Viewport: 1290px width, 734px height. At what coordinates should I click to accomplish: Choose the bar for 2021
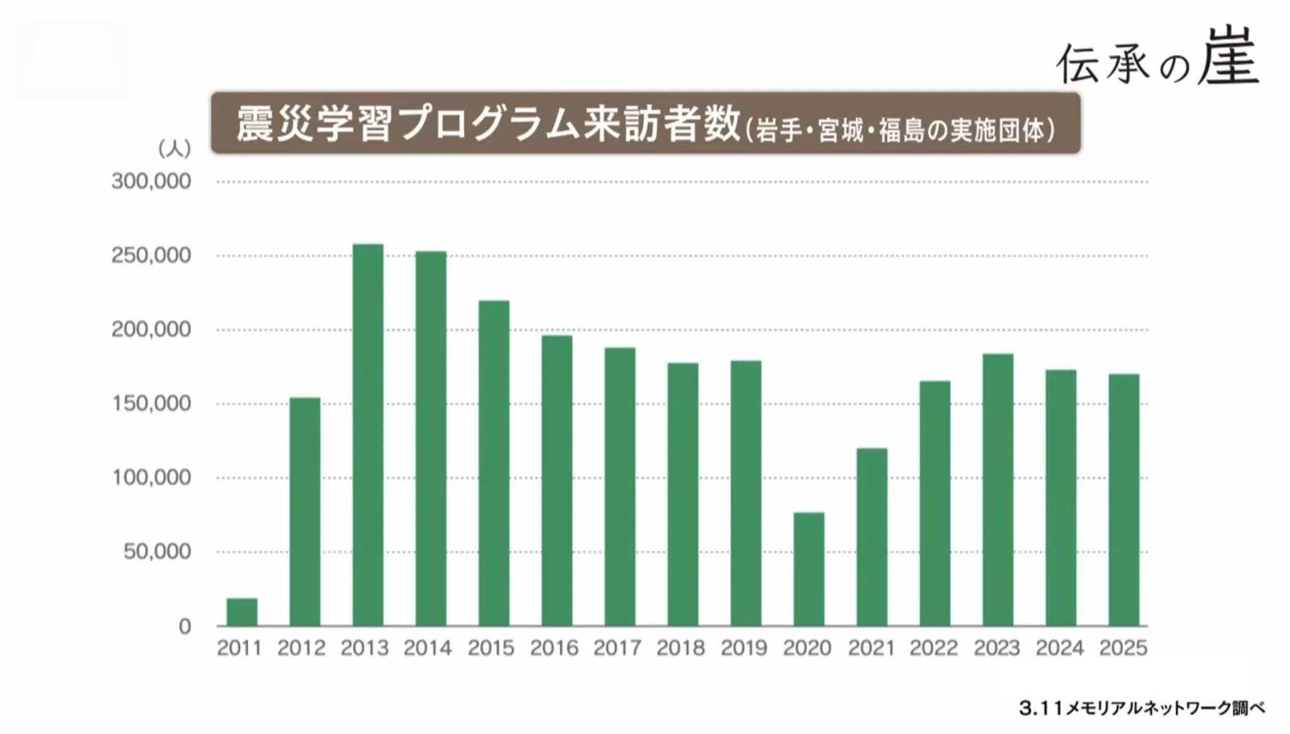872,537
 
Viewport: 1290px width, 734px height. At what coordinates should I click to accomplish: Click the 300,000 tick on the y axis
151,182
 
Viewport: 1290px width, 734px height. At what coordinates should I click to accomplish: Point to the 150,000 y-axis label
151,404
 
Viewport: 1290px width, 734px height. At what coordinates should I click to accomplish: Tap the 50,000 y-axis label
157,552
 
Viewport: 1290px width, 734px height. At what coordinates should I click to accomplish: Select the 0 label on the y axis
185,626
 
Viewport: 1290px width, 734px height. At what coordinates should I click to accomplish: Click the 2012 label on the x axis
301,648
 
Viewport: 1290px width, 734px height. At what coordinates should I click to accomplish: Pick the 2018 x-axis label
680,648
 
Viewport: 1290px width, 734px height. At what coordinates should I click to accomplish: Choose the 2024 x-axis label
1060,648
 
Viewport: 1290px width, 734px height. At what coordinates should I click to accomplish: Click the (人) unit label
174,149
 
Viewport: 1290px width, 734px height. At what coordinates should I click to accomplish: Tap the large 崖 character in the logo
1228,57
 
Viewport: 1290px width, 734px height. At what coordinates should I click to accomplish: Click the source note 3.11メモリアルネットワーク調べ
1142,708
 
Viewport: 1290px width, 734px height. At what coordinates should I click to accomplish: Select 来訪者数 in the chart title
662,124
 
